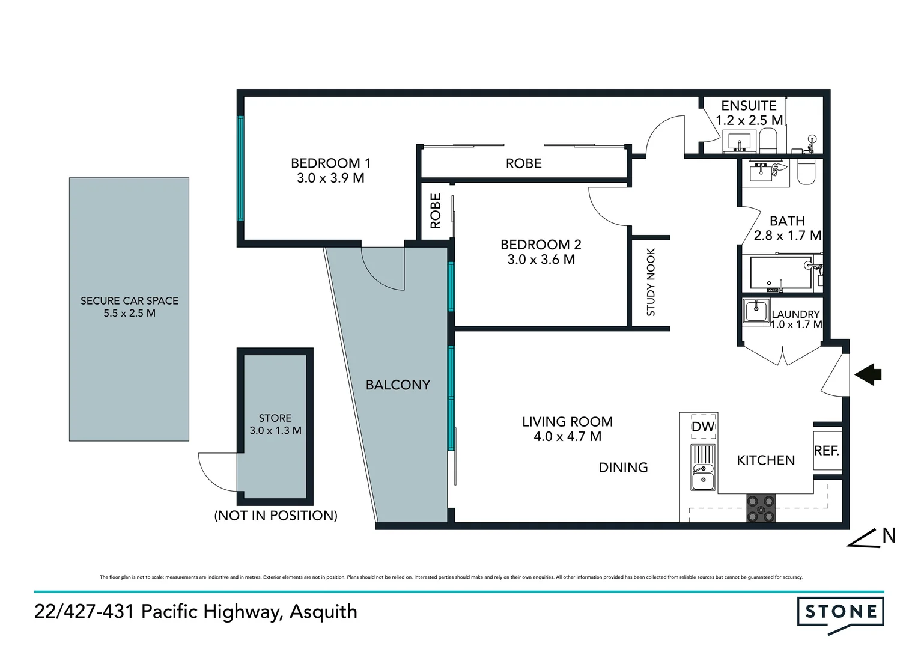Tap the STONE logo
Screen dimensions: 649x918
click(840, 612)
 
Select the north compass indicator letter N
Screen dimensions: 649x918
click(889, 535)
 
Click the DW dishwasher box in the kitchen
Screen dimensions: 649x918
click(703, 426)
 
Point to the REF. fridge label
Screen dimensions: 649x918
click(827, 451)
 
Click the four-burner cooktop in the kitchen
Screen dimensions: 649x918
click(761, 508)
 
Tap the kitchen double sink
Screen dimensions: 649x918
click(702, 469)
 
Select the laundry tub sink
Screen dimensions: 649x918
click(756, 311)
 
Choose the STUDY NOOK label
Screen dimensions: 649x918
click(651, 282)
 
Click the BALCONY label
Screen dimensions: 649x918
click(398, 385)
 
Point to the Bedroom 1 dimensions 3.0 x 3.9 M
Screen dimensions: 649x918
click(330, 178)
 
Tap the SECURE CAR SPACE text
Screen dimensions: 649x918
click(129, 300)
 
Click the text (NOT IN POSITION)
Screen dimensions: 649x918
click(276, 516)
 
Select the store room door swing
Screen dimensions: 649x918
click(217, 472)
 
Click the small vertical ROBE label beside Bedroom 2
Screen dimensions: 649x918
click(436, 211)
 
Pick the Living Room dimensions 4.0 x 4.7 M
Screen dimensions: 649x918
click(567, 437)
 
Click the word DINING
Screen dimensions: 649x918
click(623, 468)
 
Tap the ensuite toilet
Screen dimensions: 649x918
click(768, 141)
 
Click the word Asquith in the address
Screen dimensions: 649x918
click(323, 612)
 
